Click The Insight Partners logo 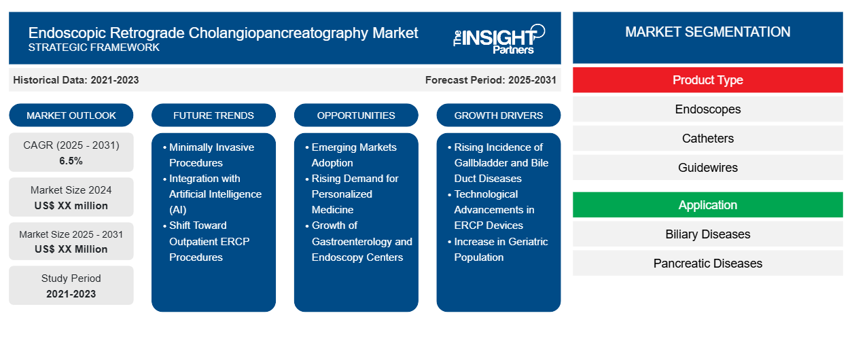[x=499, y=38]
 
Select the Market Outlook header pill [x=71, y=115]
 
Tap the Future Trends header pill [x=213, y=115]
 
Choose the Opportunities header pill [x=356, y=115]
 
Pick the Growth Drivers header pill [x=499, y=115]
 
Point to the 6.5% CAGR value [x=71, y=161]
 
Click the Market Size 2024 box [x=71, y=198]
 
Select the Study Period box [x=71, y=285]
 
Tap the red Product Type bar [x=707, y=80]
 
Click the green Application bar [x=707, y=205]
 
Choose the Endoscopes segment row [x=707, y=109]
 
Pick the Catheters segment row [x=707, y=139]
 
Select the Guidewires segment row [x=707, y=168]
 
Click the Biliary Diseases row [x=707, y=234]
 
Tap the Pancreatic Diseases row [x=707, y=264]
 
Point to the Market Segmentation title [x=707, y=32]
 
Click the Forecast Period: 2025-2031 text [x=491, y=80]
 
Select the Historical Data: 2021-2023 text [x=76, y=80]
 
